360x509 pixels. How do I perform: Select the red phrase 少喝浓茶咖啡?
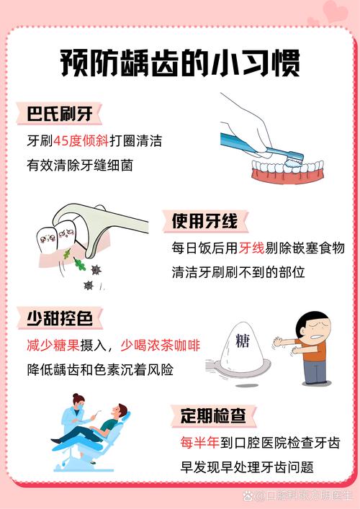click(x=160, y=346)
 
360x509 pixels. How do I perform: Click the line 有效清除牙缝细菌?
click(x=81, y=166)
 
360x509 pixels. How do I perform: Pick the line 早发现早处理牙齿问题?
click(x=247, y=467)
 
